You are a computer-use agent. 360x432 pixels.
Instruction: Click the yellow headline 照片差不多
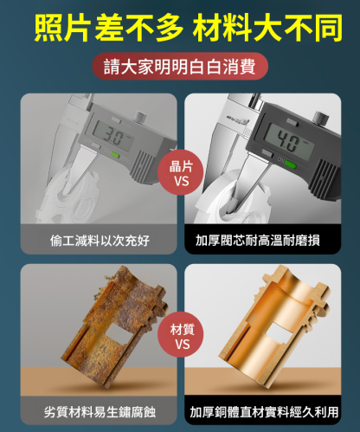(x=109, y=28)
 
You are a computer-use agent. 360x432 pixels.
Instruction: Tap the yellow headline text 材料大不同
(x=267, y=28)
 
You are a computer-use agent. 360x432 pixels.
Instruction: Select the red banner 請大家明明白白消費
(x=180, y=67)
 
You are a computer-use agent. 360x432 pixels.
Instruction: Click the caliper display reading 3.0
(x=113, y=136)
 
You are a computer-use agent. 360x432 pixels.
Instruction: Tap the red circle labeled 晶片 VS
(x=181, y=173)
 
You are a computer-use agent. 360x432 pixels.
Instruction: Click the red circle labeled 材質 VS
(x=181, y=336)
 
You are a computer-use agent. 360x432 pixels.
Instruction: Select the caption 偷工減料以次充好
(x=100, y=241)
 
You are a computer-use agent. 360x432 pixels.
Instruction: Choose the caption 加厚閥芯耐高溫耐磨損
(x=258, y=240)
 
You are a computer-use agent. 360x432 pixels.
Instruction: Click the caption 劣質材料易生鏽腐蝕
(x=100, y=412)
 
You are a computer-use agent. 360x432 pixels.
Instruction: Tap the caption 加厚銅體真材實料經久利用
(x=264, y=412)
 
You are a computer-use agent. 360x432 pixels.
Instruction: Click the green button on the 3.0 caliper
(x=115, y=155)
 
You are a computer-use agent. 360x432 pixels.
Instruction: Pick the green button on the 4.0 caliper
(x=291, y=165)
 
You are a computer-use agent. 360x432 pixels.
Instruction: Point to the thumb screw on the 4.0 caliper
(x=321, y=119)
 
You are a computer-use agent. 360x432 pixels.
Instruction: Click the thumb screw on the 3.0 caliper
(x=140, y=117)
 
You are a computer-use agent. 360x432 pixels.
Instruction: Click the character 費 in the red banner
(x=247, y=67)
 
